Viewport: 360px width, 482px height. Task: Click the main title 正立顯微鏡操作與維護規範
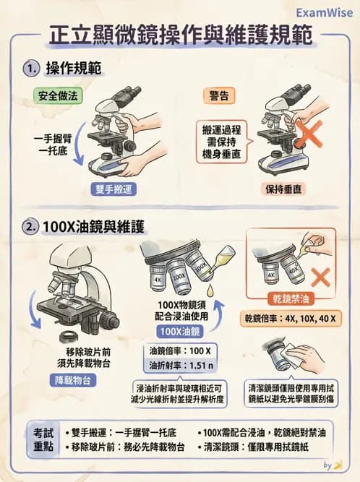pos(180,38)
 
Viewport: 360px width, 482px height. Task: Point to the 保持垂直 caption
pos(283,189)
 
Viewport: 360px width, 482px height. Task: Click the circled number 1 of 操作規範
pos(30,69)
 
